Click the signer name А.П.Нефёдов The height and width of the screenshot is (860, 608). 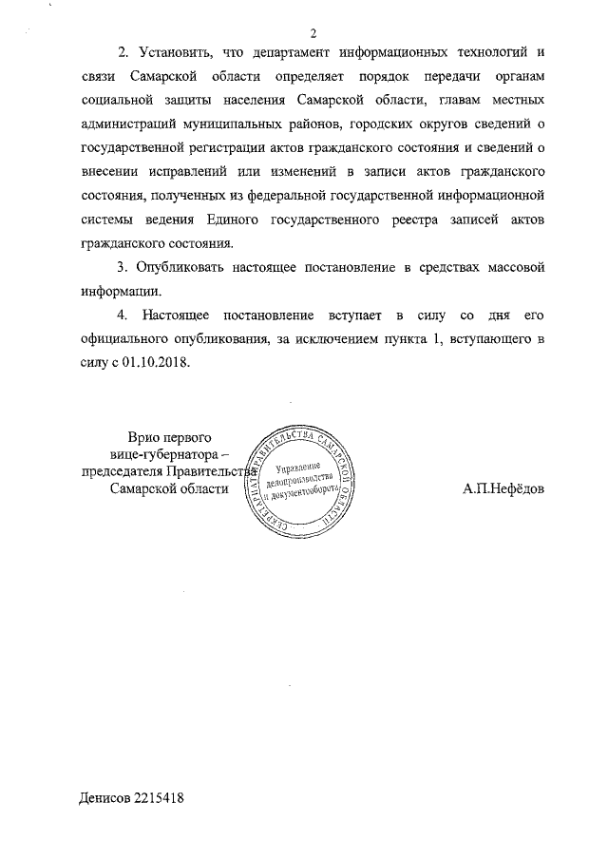point(503,488)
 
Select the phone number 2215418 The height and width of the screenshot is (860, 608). point(160,799)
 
